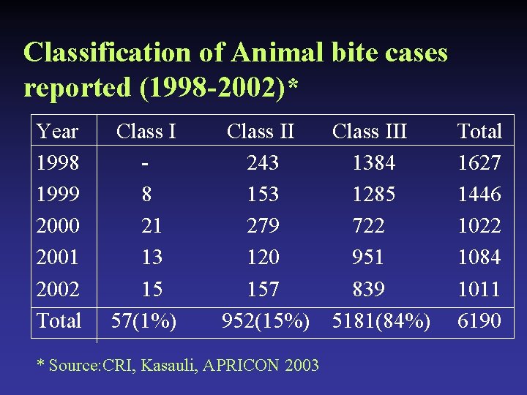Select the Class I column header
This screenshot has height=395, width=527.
coord(146,132)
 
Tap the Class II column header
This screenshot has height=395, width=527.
coord(261,132)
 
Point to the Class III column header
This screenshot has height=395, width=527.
coord(370,132)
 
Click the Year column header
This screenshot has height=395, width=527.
coord(58,132)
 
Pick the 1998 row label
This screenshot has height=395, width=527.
coord(58,163)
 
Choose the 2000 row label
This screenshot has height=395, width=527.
coord(58,226)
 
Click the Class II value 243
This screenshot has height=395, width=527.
coord(263,163)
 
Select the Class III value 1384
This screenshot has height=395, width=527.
coord(373,163)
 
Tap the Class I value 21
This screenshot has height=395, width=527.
coord(152,226)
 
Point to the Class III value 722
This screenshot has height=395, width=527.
coord(368,226)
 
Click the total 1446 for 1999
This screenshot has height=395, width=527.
coord(479,195)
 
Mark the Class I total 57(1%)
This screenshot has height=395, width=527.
coord(143,320)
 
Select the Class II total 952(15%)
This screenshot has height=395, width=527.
coord(266,320)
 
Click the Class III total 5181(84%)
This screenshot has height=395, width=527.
coord(381,320)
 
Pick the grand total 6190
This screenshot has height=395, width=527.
coord(479,320)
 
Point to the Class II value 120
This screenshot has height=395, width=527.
coord(263,257)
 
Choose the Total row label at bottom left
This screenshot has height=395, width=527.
coord(59,320)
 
